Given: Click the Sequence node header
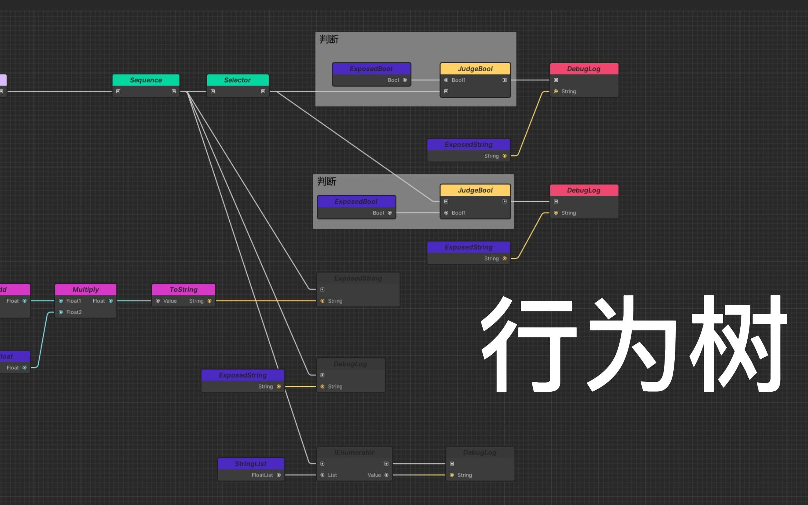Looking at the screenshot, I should (146, 80).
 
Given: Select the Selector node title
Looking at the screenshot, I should (237, 80).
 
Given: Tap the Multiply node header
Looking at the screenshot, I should (86, 289).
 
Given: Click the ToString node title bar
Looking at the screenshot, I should (183, 289).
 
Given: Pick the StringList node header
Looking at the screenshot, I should (251, 464).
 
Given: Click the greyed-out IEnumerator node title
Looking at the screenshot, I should (354, 452).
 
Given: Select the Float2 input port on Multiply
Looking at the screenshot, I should (61, 312).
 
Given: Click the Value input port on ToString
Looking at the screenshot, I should (158, 301).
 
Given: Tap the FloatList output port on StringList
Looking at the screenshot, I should (278, 475).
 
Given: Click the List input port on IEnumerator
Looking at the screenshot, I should (323, 475).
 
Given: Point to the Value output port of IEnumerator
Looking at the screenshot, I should (386, 475).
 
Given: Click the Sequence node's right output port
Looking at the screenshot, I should (174, 91).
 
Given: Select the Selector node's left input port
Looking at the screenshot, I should (213, 91).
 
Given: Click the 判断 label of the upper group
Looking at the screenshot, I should (329, 39).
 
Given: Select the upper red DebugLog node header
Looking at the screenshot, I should (584, 69).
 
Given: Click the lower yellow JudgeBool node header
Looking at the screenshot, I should (475, 190).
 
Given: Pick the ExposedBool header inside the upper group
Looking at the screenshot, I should (371, 69).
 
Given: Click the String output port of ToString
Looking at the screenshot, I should (209, 301).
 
